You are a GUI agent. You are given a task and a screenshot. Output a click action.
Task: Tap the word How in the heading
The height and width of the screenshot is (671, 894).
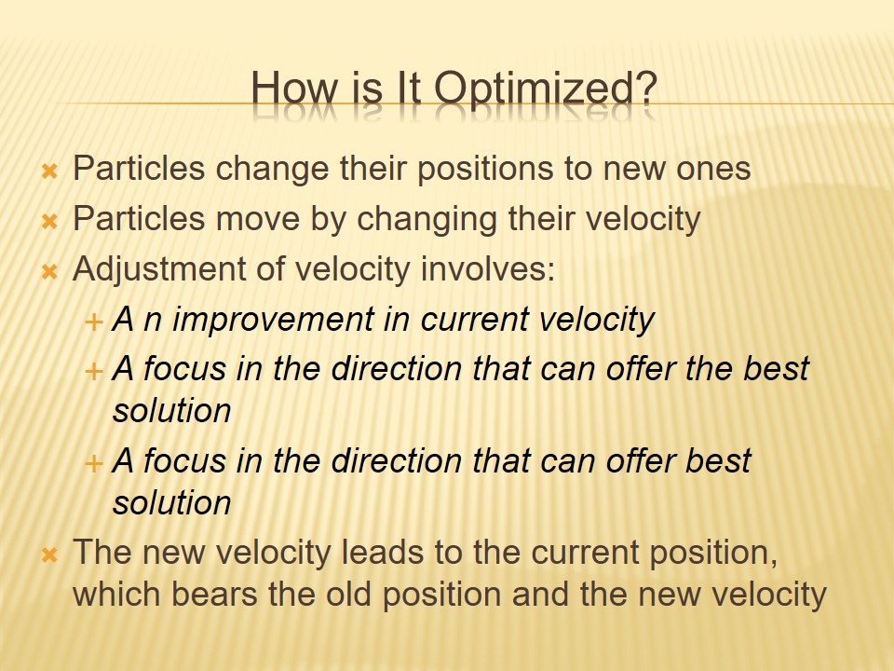click(294, 88)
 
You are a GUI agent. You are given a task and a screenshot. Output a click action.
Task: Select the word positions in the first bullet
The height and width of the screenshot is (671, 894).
click(486, 170)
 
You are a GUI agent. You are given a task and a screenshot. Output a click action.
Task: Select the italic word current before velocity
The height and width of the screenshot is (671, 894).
click(474, 320)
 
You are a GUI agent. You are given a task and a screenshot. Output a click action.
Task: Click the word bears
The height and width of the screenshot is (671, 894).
click(214, 595)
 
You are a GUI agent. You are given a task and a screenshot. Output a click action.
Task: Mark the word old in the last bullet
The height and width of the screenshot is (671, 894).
click(349, 595)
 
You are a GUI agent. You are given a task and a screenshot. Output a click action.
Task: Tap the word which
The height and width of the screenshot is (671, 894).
click(116, 595)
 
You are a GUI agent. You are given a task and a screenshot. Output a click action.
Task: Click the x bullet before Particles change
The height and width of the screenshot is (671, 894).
click(49, 171)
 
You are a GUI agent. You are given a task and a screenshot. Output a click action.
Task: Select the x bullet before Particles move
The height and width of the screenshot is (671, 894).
click(49, 221)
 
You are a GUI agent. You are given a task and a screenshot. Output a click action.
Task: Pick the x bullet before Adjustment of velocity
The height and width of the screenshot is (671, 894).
click(49, 271)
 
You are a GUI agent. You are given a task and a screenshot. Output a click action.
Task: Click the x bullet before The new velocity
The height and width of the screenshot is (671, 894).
click(49, 554)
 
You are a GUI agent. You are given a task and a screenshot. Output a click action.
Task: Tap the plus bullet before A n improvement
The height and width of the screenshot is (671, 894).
click(93, 322)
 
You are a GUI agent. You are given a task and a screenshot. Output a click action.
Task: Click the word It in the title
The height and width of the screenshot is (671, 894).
click(408, 88)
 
